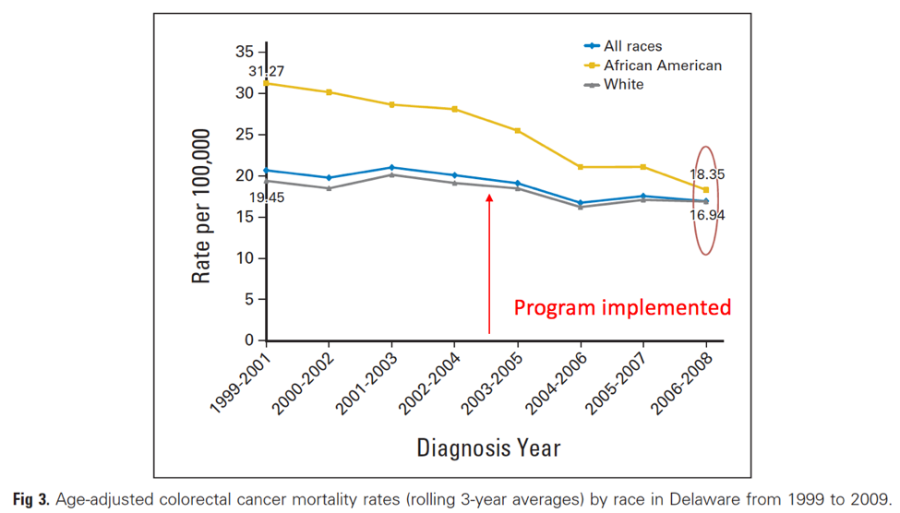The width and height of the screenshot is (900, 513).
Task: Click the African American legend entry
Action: [x=662, y=66]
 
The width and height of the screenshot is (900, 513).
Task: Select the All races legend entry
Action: [x=632, y=46]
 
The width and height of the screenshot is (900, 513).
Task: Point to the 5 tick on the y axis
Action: [x=250, y=299]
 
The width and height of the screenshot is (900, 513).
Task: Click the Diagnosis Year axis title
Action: [x=488, y=448]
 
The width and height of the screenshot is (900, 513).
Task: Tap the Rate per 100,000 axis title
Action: [x=202, y=206]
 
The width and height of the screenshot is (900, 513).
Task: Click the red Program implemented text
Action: [x=622, y=307]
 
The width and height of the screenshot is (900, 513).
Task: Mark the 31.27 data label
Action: [x=266, y=71]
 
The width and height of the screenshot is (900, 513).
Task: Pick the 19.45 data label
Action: [x=266, y=196]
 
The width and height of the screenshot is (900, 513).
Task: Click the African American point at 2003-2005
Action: [x=518, y=131]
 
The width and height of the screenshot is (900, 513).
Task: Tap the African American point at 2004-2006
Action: [x=581, y=167]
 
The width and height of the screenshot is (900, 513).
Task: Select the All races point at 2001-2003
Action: [x=392, y=167]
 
